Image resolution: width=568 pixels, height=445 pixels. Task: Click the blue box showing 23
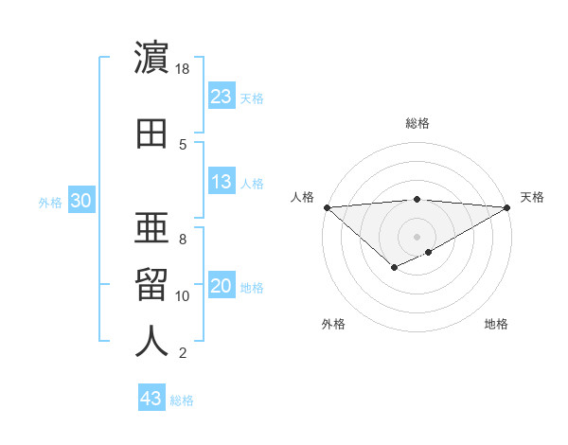point(222,97)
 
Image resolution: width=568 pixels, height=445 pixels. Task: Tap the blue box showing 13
point(222,182)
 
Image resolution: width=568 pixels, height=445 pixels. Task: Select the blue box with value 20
point(222,287)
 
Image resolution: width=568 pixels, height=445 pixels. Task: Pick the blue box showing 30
point(81,201)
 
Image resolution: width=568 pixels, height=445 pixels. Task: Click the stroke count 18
point(183,69)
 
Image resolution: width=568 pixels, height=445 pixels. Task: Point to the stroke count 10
point(183,296)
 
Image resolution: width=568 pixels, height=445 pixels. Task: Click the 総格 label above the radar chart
point(417,123)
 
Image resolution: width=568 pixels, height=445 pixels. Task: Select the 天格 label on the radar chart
point(533,197)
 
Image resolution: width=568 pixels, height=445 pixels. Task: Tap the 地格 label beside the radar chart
point(496,324)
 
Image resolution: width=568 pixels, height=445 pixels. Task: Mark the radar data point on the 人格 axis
point(327,207)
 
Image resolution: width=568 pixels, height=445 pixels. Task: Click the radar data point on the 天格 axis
point(507,207)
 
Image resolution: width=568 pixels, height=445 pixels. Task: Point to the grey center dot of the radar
point(417,236)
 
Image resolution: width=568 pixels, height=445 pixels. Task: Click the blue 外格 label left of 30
point(50,202)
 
